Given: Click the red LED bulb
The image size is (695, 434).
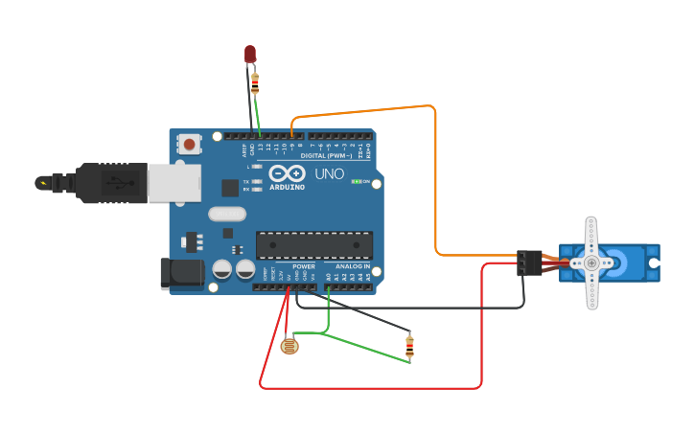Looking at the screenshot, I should (x=250, y=54).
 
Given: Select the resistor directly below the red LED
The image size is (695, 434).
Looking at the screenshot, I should (x=254, y=83).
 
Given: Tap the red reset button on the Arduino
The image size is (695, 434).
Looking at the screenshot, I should (x=190, y=145).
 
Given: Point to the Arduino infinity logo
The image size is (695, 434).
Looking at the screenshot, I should (x=288, y=173).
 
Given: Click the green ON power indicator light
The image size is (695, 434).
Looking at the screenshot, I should (x=356, y=181).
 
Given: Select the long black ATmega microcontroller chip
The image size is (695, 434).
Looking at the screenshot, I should (x=313, y=245).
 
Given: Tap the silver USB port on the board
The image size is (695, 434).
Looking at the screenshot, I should (x=174, y=182).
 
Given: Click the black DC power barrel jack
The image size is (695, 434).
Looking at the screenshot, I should (x=182, y=273).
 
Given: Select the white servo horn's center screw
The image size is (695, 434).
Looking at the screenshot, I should (x=591, y=263).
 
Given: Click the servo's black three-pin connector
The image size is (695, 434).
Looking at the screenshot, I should (x=527, y=263).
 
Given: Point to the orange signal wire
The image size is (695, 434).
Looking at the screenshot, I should (x=436, y=182).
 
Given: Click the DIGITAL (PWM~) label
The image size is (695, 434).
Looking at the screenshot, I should (x=326, y=155).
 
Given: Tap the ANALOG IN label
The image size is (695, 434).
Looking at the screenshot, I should (x=353, y=266).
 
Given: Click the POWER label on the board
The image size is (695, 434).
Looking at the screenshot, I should (x=304, y=266).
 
